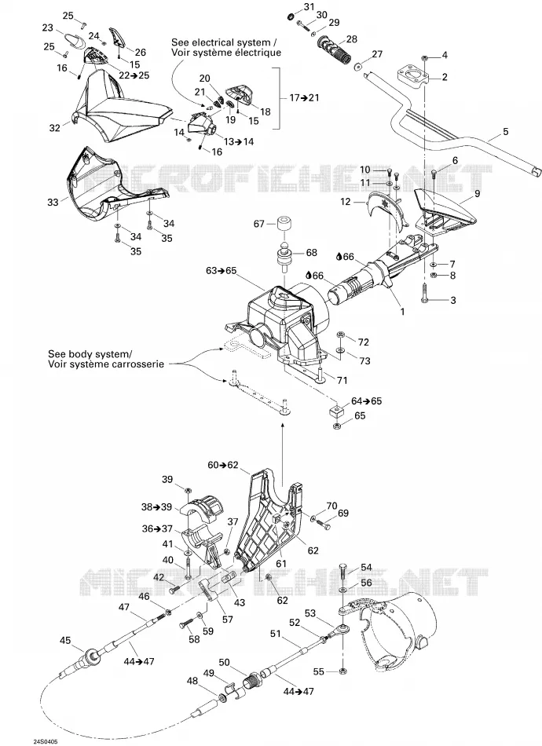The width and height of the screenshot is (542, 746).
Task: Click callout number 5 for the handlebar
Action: click(x=505, y=132)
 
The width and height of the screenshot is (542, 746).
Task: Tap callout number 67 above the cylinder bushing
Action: click(x=259, y=223)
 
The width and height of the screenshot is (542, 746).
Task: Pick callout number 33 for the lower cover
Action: click(x=53, y=202)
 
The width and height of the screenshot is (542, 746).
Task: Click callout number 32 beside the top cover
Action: click(x=55, y=127)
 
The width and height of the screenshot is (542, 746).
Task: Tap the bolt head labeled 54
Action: click(x=345, y=568)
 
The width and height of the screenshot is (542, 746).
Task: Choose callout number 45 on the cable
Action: click(x=64, y=641)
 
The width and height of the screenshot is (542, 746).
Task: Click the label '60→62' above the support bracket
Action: click(x=222, y=465)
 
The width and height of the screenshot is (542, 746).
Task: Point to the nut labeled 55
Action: click(x=342, y=671)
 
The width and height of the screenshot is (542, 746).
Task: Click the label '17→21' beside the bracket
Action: click(x=304, y=97)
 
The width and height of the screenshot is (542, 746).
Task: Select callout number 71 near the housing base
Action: click(x=342, y=380)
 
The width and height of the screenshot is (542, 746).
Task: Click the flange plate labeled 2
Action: click(x=413, y=75)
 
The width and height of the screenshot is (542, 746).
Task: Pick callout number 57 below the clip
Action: click(x=228, y=619)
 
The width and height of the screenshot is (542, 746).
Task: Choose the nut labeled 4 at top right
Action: click(x=425, y=57)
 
